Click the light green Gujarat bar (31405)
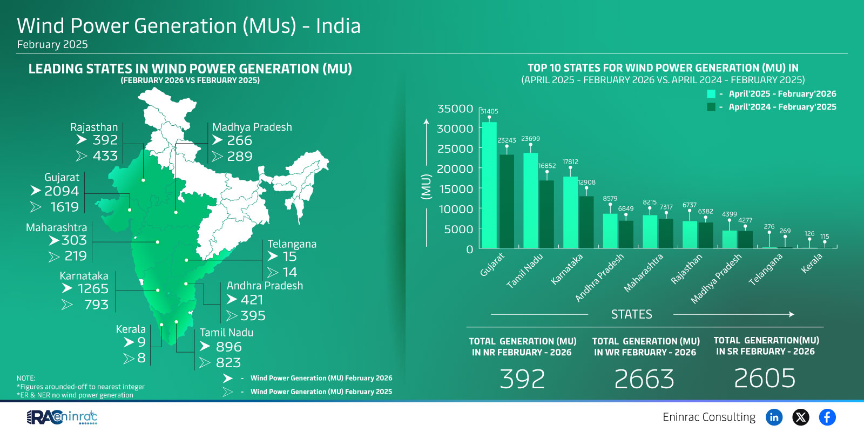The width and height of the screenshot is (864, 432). click(x=489, y=185)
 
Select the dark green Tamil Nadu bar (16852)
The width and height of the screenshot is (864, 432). click(x=546, y=214)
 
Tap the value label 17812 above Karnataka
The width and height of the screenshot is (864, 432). click(x=570, y=161)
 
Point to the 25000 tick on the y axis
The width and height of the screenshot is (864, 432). click(x=455, y=148)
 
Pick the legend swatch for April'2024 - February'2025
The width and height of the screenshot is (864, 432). click(x=711, y=107)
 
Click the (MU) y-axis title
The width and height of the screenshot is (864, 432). click(x=426, y=187)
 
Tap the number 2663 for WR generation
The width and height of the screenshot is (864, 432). click(x=644, y=379)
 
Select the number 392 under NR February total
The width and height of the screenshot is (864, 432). click(x=522, y=379)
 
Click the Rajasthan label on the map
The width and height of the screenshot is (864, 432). click(x=94, y=127)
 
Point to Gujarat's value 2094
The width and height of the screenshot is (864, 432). click(x=62, y=191)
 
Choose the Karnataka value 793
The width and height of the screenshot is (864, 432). click(x=96, y=305)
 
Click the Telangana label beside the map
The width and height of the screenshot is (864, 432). click(x=292, y=244)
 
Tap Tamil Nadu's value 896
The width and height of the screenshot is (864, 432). click(x=228, y=347)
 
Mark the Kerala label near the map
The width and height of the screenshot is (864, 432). click(x=131, y=329)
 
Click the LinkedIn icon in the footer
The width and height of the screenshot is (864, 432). click(x=774, y=417)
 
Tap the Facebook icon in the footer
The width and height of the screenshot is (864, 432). click(x=827, y=417)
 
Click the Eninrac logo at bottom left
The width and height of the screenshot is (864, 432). click(x=62, y=417)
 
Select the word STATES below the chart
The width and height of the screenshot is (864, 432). click(x=631, y=314)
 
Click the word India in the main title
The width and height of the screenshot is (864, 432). click(x=338, y=26)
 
